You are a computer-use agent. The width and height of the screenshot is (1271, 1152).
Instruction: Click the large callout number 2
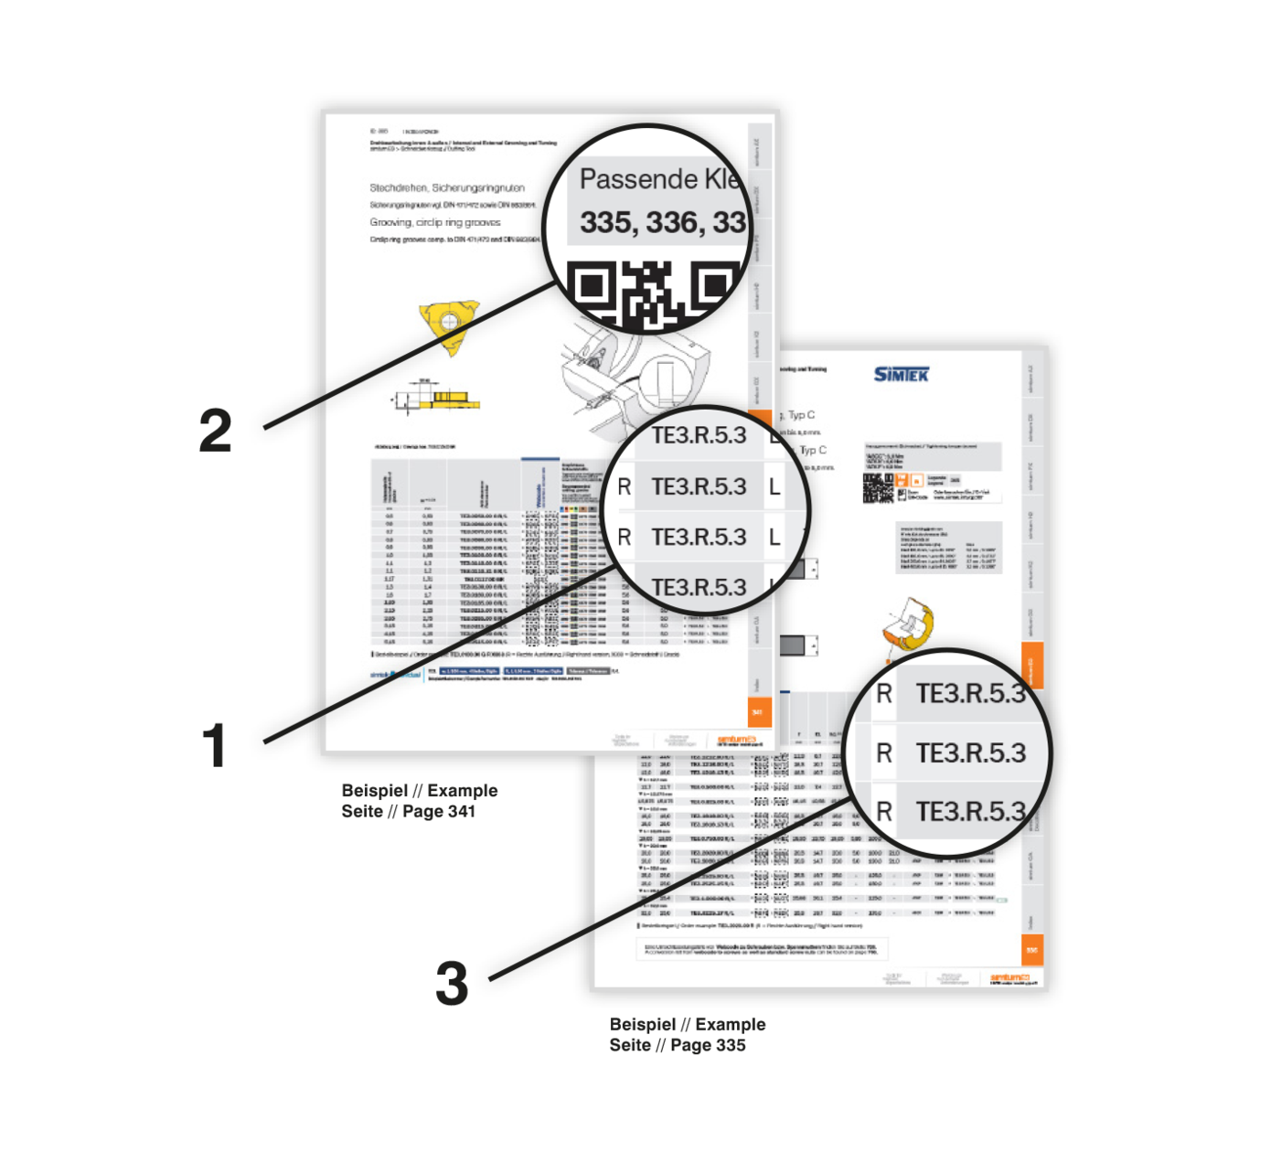pos(216,431)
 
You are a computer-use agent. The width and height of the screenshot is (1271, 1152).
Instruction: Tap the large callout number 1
pos(214,746)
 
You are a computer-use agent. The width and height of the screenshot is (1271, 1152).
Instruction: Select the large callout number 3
pos(452,985)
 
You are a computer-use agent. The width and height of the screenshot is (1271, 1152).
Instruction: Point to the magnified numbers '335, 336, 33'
pos(663,222)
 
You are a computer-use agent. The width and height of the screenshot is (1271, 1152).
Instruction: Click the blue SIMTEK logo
pos(901,375)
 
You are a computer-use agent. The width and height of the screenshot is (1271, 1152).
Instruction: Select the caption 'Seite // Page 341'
pos(409,812)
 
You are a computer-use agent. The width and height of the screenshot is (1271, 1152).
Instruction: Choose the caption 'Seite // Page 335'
pos(678,1045)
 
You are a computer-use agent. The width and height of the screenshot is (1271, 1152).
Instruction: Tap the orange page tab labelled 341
pos(759,711)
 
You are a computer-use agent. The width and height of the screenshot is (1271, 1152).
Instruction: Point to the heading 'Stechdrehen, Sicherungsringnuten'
pos(447,187)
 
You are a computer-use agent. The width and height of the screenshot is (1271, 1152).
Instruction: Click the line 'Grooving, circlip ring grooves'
pos(435,222)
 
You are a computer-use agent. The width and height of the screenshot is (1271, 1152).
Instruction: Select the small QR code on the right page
pos(878,488)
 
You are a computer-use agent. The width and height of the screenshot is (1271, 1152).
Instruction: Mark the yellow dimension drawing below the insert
pos(437,396)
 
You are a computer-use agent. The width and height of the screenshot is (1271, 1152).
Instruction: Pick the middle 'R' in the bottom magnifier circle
pos(883,753)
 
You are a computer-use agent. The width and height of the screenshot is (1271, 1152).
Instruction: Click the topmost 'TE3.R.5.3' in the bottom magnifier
pos(969,695)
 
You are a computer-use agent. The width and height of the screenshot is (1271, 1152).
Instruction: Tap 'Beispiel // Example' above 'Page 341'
pos(420,791)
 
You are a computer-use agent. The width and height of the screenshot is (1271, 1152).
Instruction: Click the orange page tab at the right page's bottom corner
pos(1031,950)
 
